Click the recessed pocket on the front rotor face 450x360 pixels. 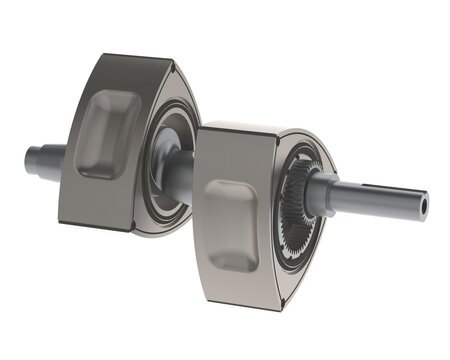point(232,224)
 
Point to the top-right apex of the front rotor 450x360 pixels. point(300,135)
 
